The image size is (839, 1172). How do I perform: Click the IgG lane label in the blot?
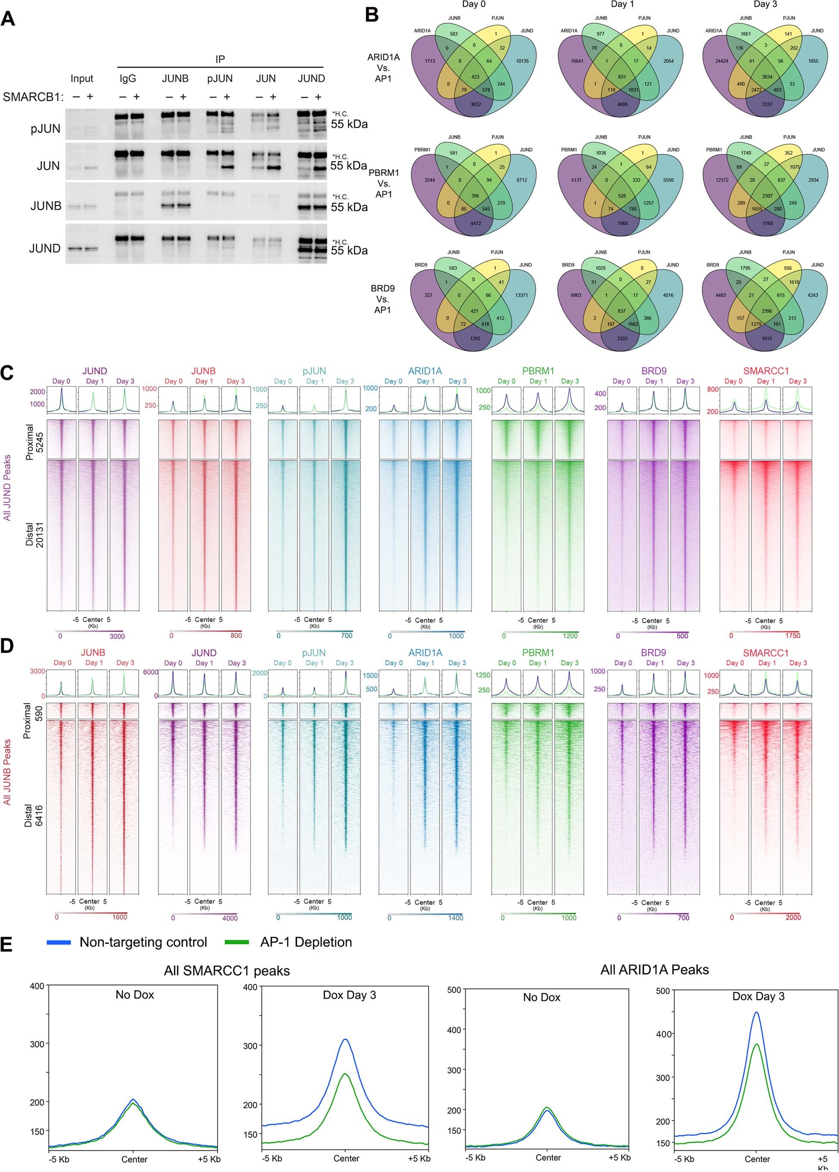(128, 79)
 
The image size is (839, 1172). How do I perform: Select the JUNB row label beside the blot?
(46, 206)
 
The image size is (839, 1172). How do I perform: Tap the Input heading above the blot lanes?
(81, 79)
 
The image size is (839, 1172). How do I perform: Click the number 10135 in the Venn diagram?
(522, 61)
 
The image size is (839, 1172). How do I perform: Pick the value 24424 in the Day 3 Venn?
(721, 61)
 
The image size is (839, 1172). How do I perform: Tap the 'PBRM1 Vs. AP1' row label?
(383, 183)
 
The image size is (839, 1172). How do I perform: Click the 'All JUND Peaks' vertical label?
(7, 488)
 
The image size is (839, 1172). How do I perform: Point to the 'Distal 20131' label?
(34, 535)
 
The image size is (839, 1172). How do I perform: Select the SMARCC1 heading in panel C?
(766, 371)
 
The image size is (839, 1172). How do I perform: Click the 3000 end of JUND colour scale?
(117, 636)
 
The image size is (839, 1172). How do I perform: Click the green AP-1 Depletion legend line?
(237, 943)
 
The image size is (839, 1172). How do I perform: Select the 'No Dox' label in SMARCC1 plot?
(135, 995)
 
